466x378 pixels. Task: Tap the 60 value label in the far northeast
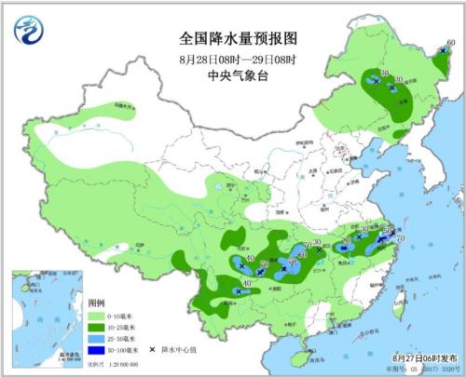tap(451, 42)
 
